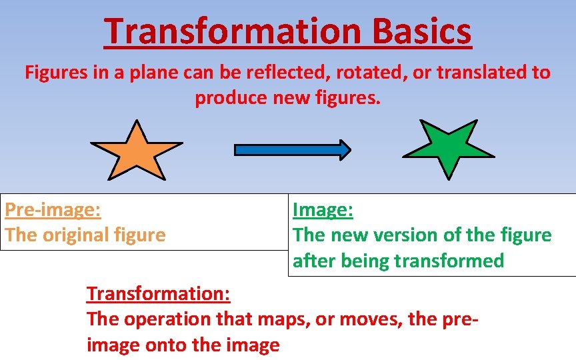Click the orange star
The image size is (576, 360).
click(136, 152)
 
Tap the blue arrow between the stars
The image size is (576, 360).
click(292, 150)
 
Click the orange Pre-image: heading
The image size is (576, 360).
click(53, 210)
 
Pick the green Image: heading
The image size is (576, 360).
click(323, 210)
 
